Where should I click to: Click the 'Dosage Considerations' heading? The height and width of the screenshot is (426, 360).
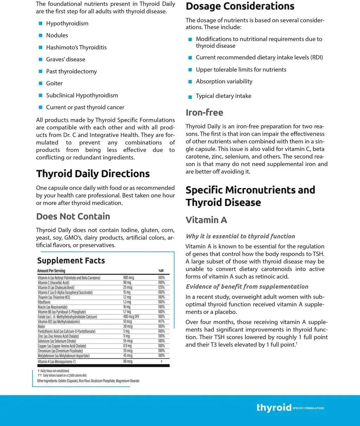(240, 6)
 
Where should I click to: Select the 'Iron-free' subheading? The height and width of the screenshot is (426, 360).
(204, 112)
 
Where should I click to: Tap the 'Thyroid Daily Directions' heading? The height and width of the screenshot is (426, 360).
(93, 173)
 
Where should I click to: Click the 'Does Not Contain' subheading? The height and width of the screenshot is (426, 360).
(73, 216)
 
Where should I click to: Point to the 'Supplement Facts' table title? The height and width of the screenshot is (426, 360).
(71, 261)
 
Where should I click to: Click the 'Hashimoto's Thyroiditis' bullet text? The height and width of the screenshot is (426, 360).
(76, 47)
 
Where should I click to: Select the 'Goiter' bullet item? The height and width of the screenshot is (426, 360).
(54, 83)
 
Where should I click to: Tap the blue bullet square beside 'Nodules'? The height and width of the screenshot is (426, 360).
(40, 35)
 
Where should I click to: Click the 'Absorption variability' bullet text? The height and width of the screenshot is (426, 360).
(224, 81)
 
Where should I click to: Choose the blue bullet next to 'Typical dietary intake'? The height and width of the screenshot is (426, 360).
(190, 97)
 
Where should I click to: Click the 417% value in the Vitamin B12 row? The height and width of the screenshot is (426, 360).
(161, 322)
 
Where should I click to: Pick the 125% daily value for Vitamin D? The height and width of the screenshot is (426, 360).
(161, 287)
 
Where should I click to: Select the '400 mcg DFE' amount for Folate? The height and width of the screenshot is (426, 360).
(131, 317)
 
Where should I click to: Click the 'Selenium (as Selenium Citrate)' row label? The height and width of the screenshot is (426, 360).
(57, 341)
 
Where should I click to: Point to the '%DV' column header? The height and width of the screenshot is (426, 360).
(161, 271)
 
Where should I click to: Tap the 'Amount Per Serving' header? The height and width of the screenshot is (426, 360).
(51, 271)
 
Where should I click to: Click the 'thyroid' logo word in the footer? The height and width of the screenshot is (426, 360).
(274, 407)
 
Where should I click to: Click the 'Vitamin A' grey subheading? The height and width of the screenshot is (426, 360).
(206, 220)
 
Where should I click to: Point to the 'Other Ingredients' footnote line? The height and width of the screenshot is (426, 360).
(88, 381)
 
